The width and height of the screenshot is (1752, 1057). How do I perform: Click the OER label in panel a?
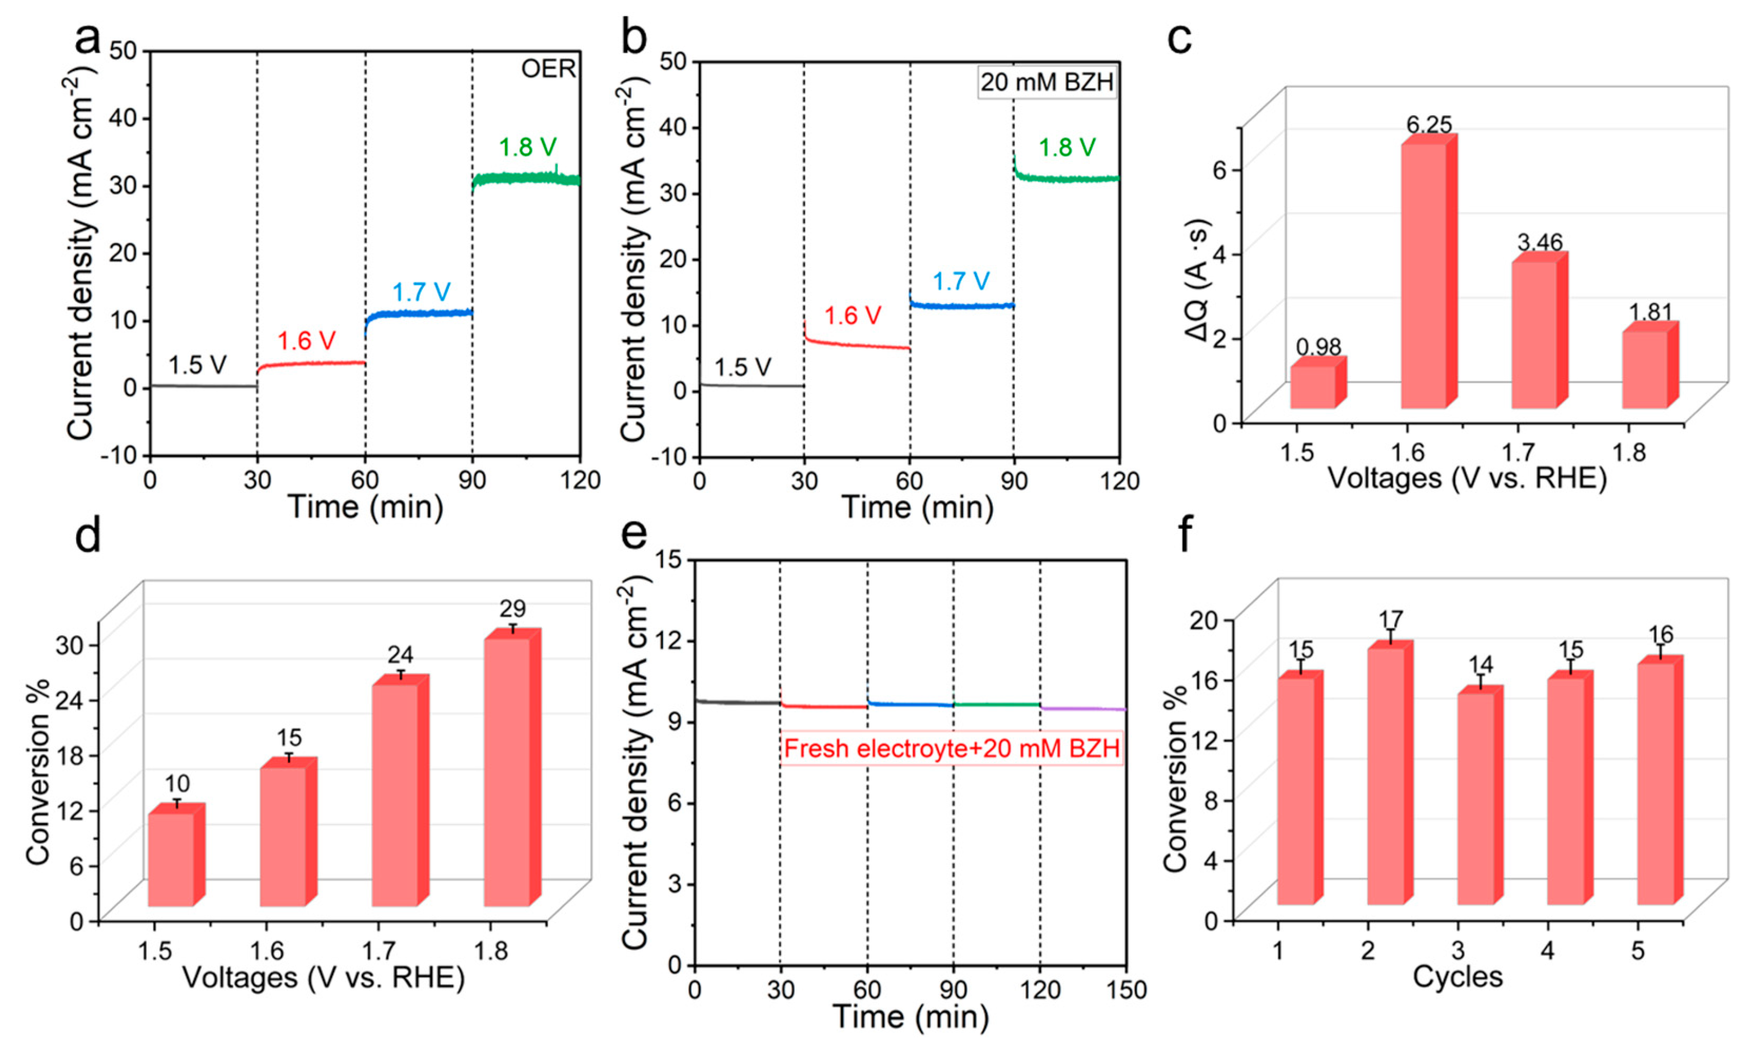coord(548,69)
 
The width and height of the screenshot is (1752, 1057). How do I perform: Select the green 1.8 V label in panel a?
coord(527,147)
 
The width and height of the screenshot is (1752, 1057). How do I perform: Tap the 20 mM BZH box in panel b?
coord(1046,82)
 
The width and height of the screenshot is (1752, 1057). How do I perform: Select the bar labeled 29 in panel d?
coord(506,772)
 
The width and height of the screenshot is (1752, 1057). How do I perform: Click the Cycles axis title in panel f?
coord(1457,977)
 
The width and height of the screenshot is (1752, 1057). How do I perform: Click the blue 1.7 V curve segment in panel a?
coord(419,314)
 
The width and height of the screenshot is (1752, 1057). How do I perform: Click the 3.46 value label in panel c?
coord(1540,243)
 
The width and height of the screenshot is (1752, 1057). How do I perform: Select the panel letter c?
coord(1180,39)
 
